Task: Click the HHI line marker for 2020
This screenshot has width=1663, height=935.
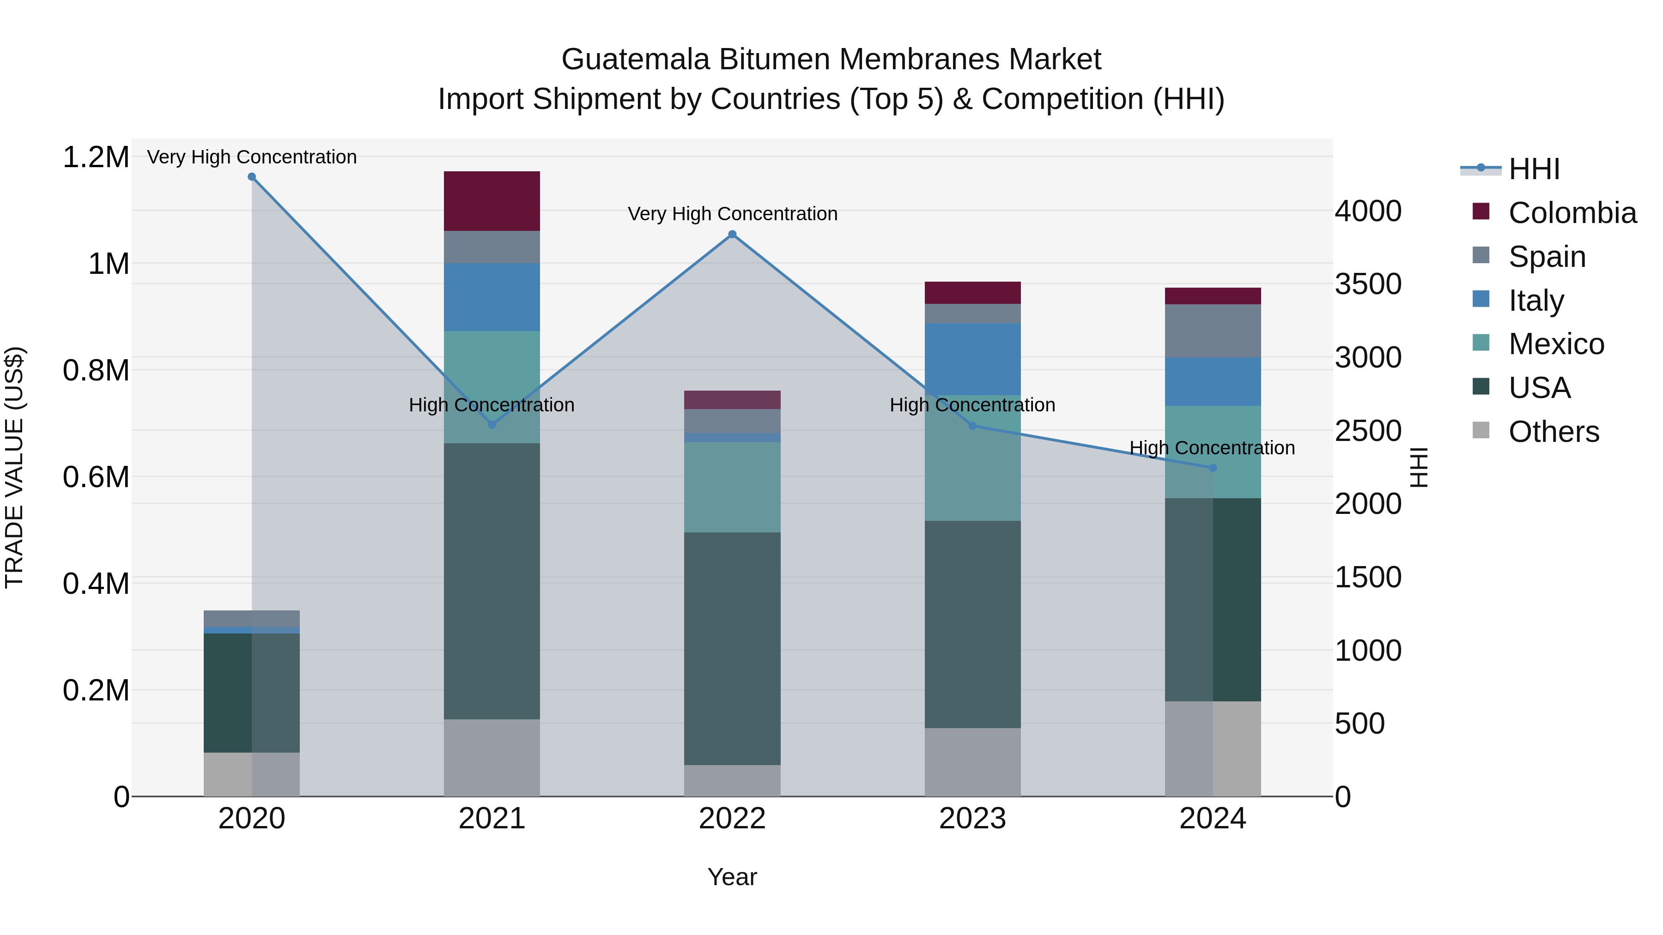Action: pyautogui.click(x=252, y=177)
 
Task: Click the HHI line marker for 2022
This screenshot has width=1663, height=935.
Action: pyautogui.click(x=732, y=234)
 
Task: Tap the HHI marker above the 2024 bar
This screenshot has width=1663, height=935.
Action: pyautogui.click(x=1213, y=468)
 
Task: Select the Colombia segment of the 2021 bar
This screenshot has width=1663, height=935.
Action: pyautogui.click(x=492, y=201)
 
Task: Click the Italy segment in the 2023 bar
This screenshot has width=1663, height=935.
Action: pyautogui.click(x=972, y=359)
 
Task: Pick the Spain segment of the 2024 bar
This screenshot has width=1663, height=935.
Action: pyautogui.click(x=1213, y=331)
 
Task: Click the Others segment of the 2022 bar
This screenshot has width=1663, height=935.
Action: pyautogui.click(x=732, y=780)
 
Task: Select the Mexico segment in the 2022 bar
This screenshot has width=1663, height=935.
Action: pyautogui.click(x=732, y=487)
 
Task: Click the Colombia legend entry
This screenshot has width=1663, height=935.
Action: pyautogui.click(x=1572, y=213)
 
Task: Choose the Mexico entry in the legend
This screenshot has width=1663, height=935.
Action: pyautogui.click(x=1556, y=344)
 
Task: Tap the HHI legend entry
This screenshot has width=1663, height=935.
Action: pyautogui.click(x=1533, y=169)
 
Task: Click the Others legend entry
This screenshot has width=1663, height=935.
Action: pyautogui.click(x=1553, y=432)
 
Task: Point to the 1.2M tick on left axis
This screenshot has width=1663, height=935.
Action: pyautogui.click(x=96, y=157)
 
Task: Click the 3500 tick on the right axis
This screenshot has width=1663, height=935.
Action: pyautogui.click(x=1368, y=284)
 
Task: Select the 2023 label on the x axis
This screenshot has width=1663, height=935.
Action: pyautogui.click(x=972, y=819)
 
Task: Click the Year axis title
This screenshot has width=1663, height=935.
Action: pyautogui.click(x=732, y=877)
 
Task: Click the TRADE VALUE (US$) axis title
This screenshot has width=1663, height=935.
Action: pyautogui.click(x=14, y=467)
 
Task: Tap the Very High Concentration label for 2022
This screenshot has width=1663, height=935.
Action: pyautogui.click(x=732, y=214)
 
